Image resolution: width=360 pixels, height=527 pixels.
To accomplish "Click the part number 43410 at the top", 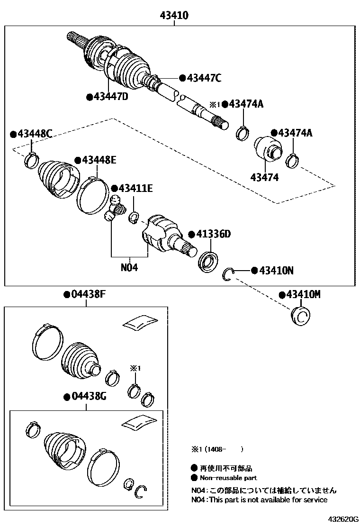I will (174, 16).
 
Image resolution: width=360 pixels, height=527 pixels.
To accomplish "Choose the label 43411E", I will (135, 188).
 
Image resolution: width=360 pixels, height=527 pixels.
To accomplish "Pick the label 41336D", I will (213, 234).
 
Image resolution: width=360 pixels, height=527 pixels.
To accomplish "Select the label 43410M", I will (303, 295).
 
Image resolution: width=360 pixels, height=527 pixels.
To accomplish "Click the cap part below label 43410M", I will (300, 316).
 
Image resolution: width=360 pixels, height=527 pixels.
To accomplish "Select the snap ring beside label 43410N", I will (229, 273).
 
